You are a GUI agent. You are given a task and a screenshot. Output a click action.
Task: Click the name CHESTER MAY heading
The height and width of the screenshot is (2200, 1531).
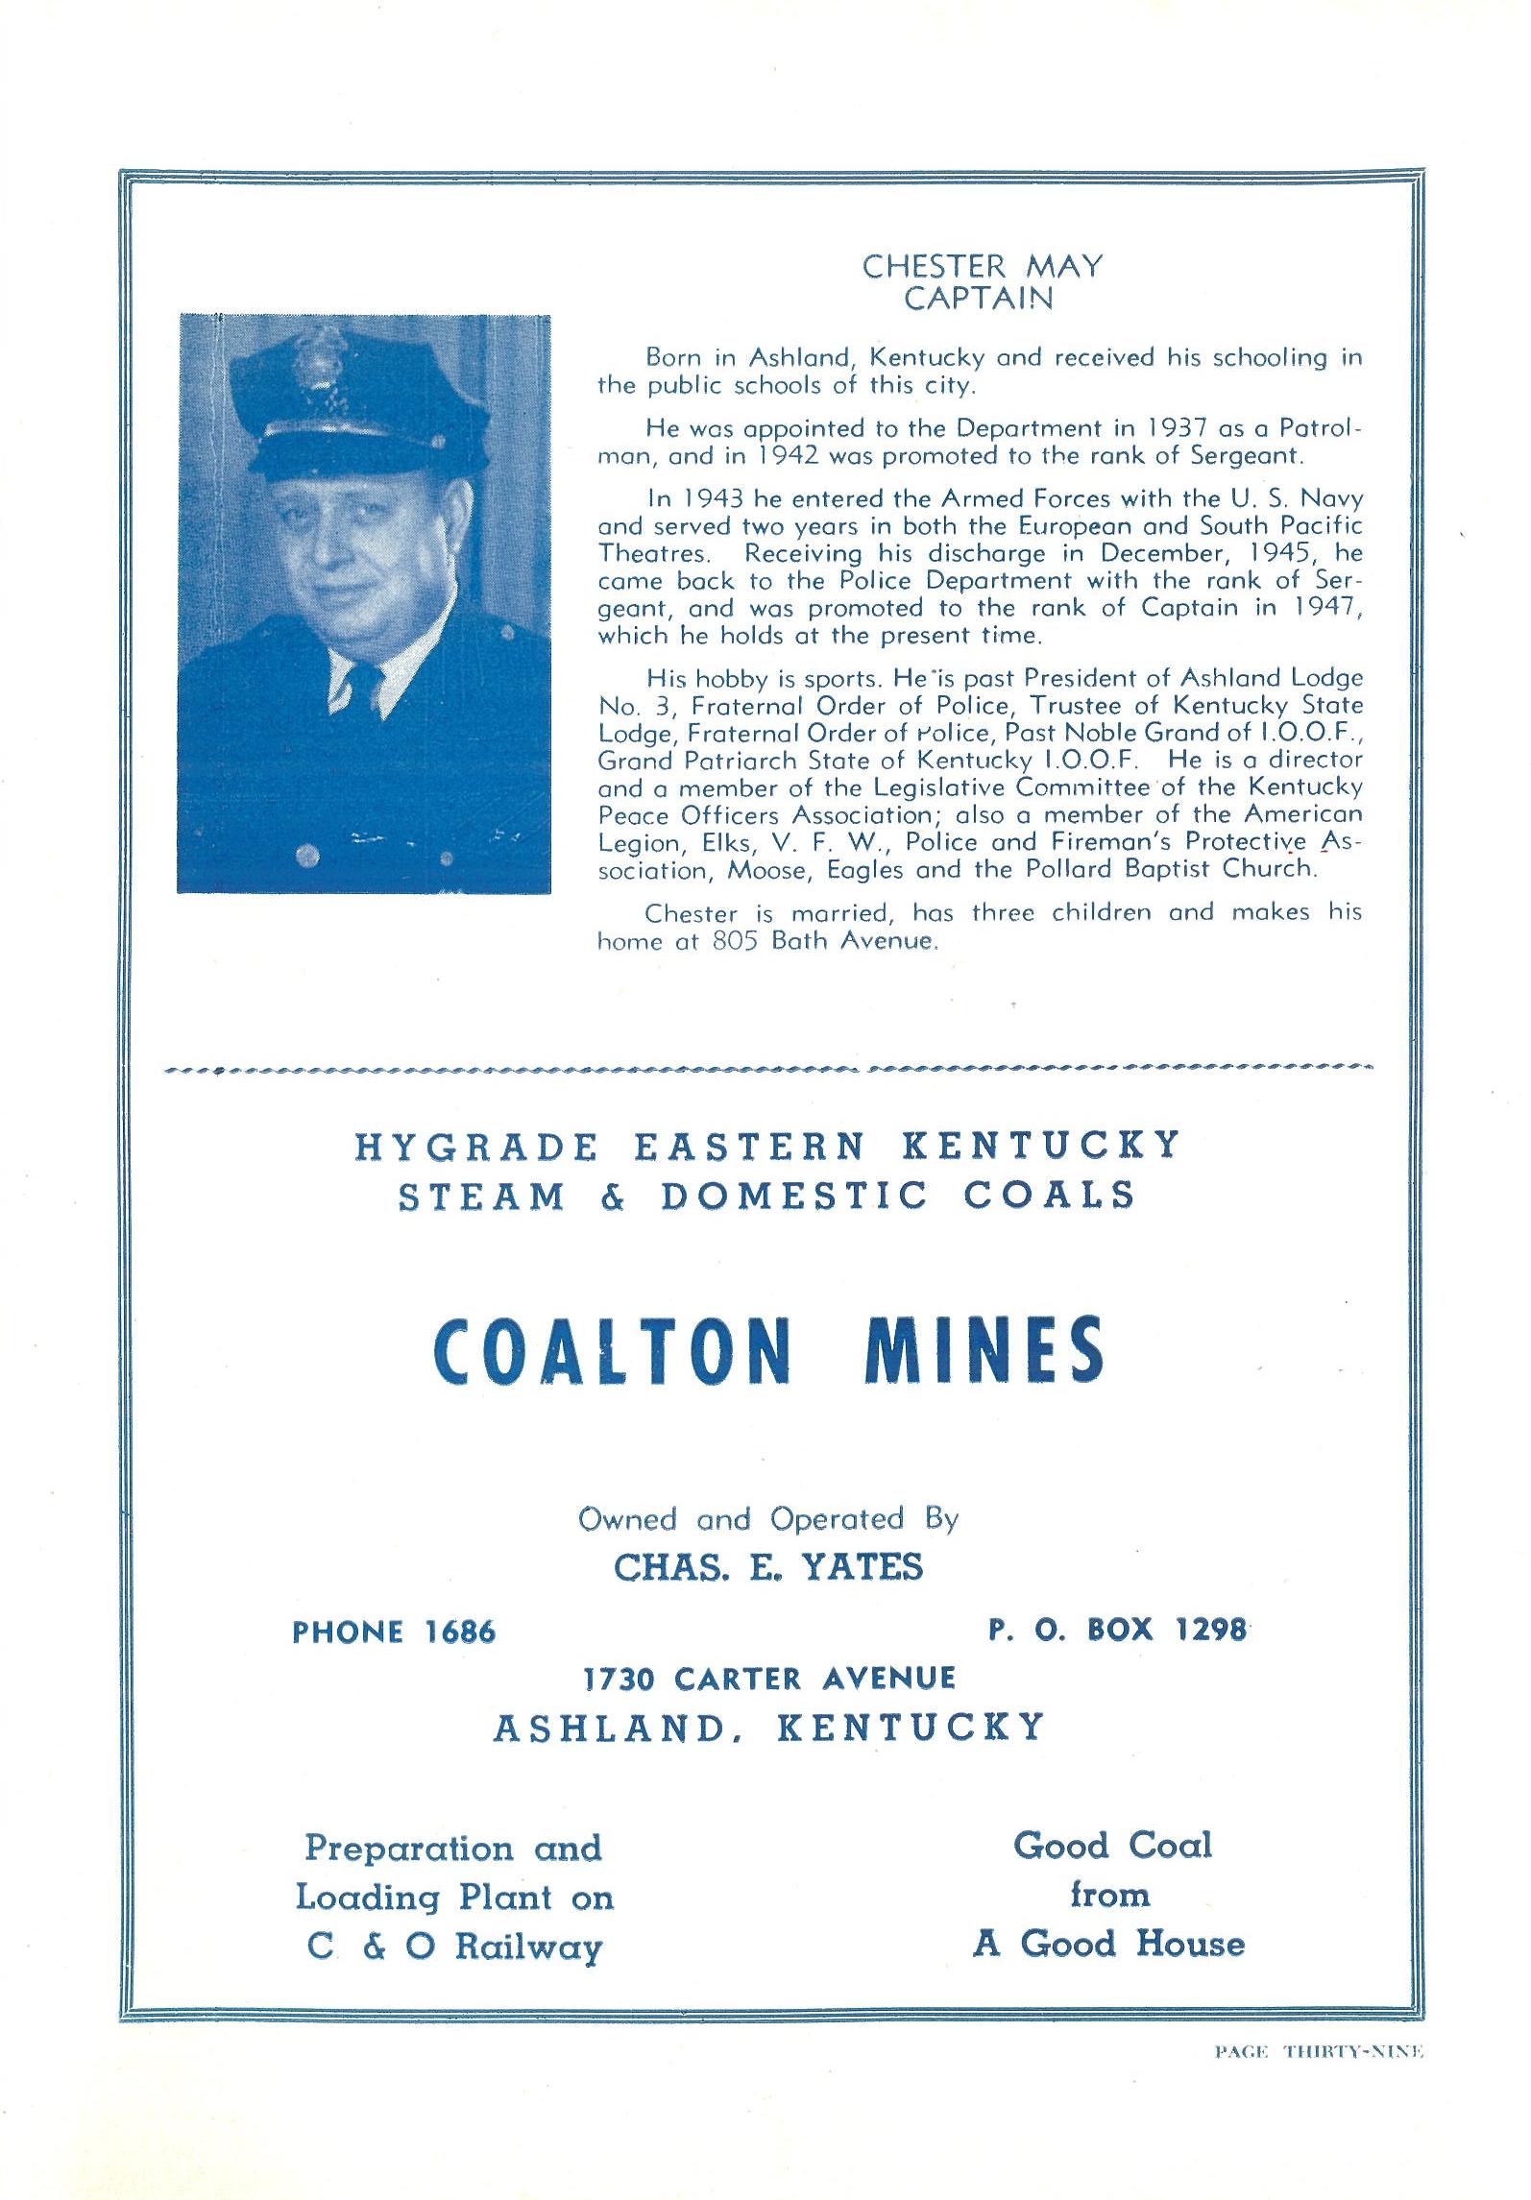tap(981, 266)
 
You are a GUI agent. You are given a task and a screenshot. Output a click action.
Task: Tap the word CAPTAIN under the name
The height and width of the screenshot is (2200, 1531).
tap(979, 299)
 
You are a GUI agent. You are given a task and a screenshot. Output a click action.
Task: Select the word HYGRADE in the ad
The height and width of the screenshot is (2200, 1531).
tap(476, 1147)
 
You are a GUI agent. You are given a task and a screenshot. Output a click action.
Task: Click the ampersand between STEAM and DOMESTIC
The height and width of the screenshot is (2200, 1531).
tap(612, 1197)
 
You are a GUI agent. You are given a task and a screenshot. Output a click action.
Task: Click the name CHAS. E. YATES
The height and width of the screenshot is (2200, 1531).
tap(767, 1567)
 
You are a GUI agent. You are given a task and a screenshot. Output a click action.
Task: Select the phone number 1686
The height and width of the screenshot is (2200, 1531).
tap(459, 1632)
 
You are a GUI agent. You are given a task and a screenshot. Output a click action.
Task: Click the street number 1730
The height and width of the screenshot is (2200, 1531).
tap(620, 1679)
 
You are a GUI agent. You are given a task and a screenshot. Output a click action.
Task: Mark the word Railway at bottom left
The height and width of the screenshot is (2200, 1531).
tap(528, 1946)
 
